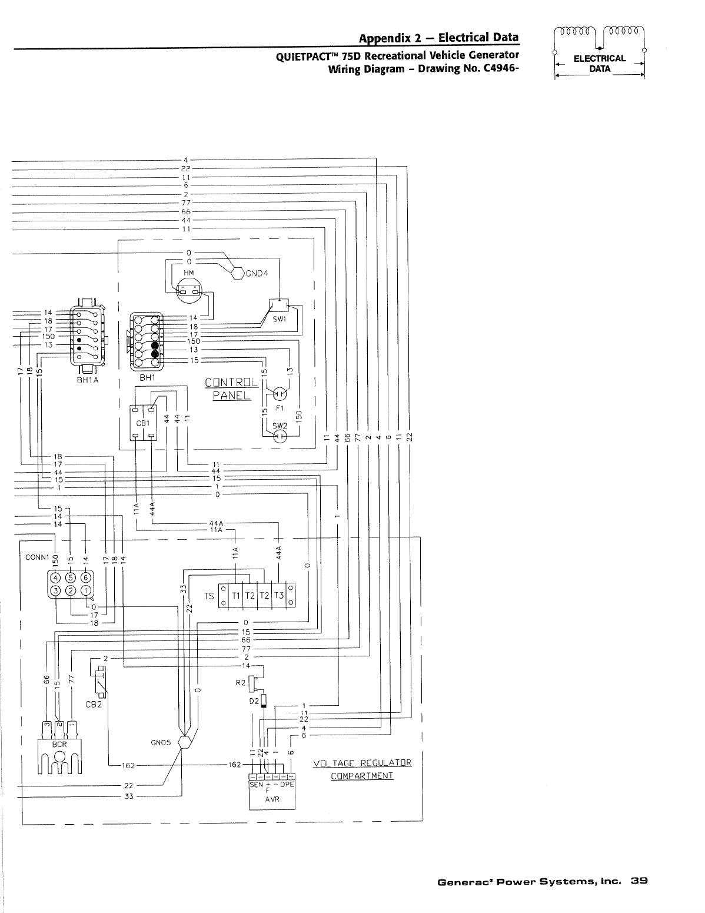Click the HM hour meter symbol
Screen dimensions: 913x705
[189, 288]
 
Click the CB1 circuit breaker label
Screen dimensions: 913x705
[144, 423]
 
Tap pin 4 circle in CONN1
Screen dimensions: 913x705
[55, 577]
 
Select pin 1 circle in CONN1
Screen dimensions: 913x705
[86, 590]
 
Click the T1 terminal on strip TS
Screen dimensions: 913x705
[236, 596]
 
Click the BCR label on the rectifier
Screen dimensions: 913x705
[60, 743]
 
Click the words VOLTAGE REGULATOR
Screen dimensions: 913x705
[362, 763]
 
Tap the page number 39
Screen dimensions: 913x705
[639, 881]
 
